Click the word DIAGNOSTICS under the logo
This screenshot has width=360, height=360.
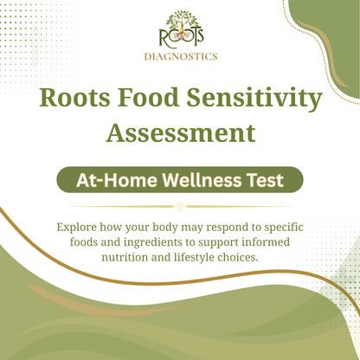tap(180, 58)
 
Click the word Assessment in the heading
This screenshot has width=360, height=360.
tap(180, 132)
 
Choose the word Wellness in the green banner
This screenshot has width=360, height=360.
tap(197, 180)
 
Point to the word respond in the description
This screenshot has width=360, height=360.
tap(235, 228)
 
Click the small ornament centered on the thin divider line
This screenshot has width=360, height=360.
tap(180, 206)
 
